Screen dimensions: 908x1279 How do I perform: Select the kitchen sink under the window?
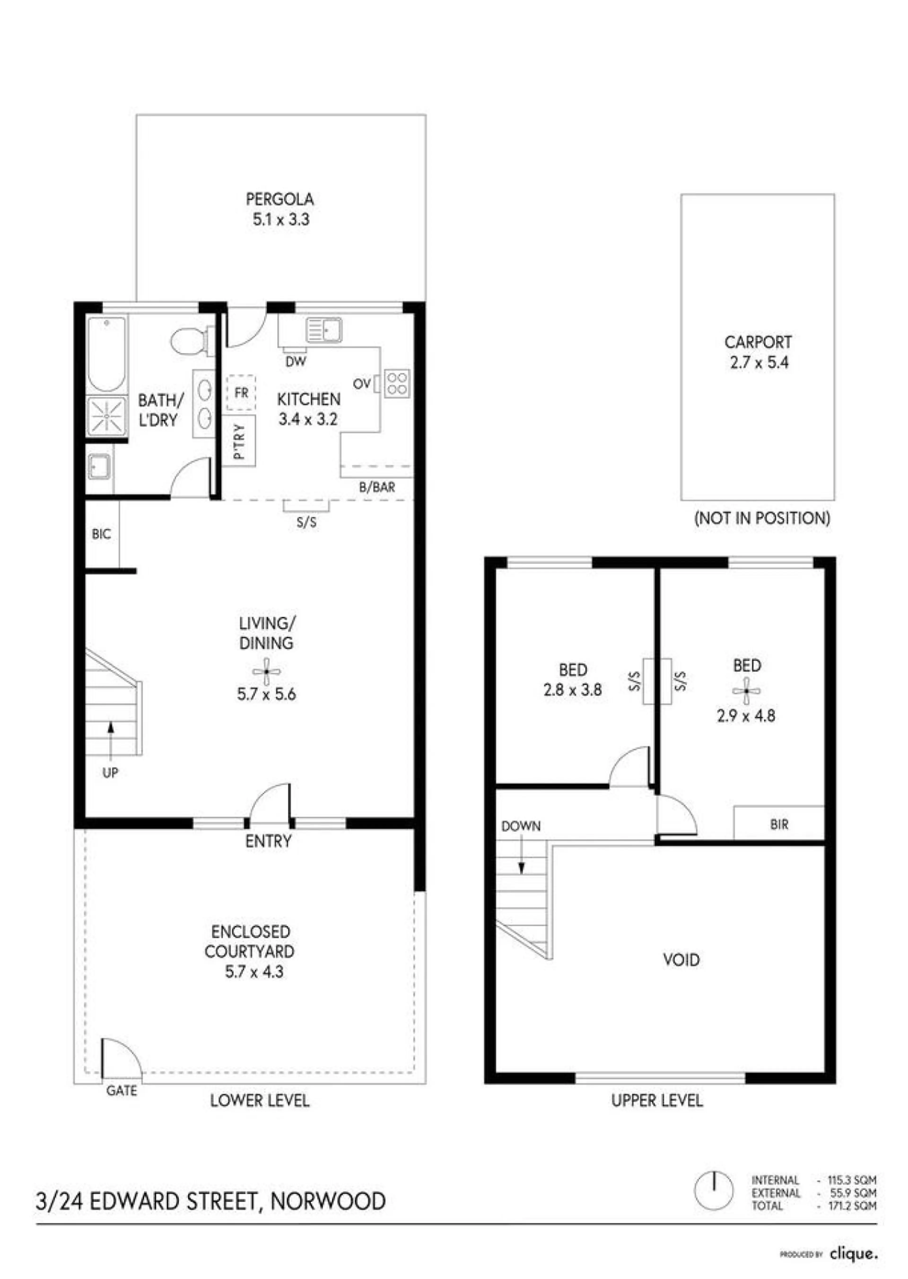click(x=324, y=330)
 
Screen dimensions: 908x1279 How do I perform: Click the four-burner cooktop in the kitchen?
click(x=397, y=383)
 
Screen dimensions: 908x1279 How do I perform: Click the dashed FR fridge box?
click(x=241, y=393)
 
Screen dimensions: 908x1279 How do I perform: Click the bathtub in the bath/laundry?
click(x=107, y=354)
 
